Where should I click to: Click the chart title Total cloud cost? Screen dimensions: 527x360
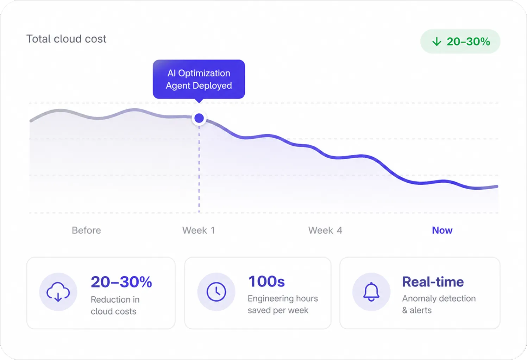click(66, 39)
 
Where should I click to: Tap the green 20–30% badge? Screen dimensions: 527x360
click(460, 42)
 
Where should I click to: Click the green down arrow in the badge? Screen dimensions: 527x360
click(437, 42)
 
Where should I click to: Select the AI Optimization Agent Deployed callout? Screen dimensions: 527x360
click(199, 79)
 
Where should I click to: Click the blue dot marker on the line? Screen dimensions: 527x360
click(199, 118)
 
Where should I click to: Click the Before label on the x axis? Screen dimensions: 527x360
click(86, 230)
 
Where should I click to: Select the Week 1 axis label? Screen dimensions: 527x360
click(199, 230)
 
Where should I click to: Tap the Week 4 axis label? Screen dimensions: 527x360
click(325, 230)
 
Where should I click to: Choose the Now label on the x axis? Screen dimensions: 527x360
click(442, 230)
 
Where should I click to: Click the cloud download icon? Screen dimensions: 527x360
click(58, 292)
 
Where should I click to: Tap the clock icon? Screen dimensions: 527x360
click(216, 292)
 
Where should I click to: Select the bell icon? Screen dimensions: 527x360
click(371, 292)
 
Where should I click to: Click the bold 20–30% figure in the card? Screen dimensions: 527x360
click(121, 282)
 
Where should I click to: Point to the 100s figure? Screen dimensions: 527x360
click(266, 281)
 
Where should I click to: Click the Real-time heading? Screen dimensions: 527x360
click(433, 282)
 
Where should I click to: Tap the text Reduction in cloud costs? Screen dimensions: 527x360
click(115, 305)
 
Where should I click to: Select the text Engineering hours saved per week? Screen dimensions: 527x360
click(283, 304)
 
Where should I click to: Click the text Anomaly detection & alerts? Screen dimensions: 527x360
click(439, 304)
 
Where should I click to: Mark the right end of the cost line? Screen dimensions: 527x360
click(497, 187)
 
